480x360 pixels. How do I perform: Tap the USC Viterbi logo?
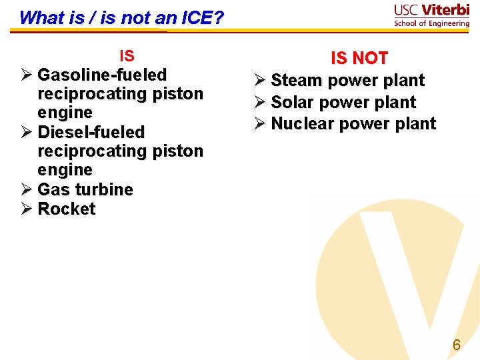(x=431, y=15)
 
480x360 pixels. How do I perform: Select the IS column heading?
(x=126, y=56)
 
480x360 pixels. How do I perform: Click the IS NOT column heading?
(x=359, y=59)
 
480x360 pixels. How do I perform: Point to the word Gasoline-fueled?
(x=102, y=75)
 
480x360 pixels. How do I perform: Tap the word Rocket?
(x=67, y=209)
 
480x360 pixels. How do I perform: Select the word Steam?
(x=296, y=80)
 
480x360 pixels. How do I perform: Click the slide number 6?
(x=457, y=345)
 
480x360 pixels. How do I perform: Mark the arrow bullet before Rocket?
(x=26, y=209)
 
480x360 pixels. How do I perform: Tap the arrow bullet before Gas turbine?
(x=26, y=189)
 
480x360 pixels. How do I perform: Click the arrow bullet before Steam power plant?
(x=259, y=81)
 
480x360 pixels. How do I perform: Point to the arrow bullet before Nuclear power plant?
(x=259, y=124)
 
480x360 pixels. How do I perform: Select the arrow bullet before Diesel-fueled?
(x=26, y=132)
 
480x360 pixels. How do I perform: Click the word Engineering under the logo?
(x=447, y=23)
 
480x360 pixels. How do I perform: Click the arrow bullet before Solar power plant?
(x=259, y=103)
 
